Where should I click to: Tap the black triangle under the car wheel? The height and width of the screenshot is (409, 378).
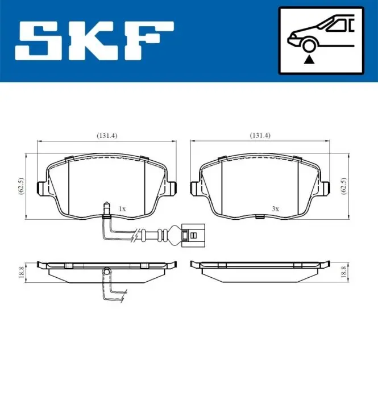click(x=309, y=60)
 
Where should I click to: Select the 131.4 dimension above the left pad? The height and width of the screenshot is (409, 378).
click(x=107, y=136)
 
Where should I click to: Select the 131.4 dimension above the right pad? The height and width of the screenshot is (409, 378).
click(x=260, y=135)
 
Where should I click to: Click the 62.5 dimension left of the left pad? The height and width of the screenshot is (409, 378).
click(x=21, y=186)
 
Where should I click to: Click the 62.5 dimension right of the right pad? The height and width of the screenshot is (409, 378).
click(x=344, y=186)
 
